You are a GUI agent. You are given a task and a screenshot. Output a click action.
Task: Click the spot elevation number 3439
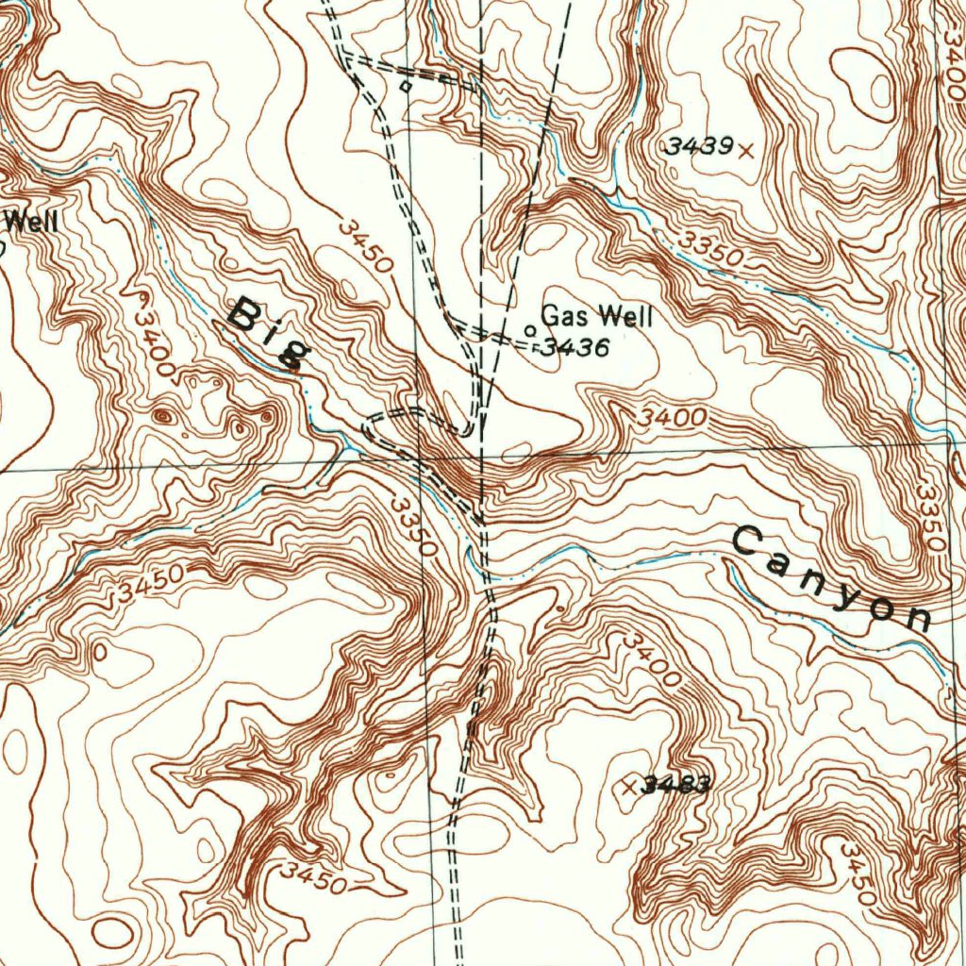pos(698,146)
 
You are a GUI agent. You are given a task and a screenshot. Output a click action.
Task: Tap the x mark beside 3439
pos(747,149)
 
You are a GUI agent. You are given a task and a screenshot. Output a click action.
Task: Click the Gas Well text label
pos(595,316)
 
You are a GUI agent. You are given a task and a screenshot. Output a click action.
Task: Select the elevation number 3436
pos(576,348)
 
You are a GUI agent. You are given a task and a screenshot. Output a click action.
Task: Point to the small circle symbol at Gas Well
pos(529,331)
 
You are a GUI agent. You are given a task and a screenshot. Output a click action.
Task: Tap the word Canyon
pos(830,580)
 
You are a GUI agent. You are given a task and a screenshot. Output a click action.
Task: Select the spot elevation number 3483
pos(675,785)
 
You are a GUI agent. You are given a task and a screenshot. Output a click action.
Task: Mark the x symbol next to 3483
pos(631,786)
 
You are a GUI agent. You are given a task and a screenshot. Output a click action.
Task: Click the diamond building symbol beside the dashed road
pos(407,86)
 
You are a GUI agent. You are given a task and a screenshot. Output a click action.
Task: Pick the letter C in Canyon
pos(748,541)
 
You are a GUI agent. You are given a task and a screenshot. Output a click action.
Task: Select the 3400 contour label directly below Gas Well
pos(673,415)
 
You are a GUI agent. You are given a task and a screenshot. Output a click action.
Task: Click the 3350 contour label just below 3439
pos(712,247)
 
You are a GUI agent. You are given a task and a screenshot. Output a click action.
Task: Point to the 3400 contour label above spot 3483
pos(651,660)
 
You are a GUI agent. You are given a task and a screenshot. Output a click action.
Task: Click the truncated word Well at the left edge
pos(33,223)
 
